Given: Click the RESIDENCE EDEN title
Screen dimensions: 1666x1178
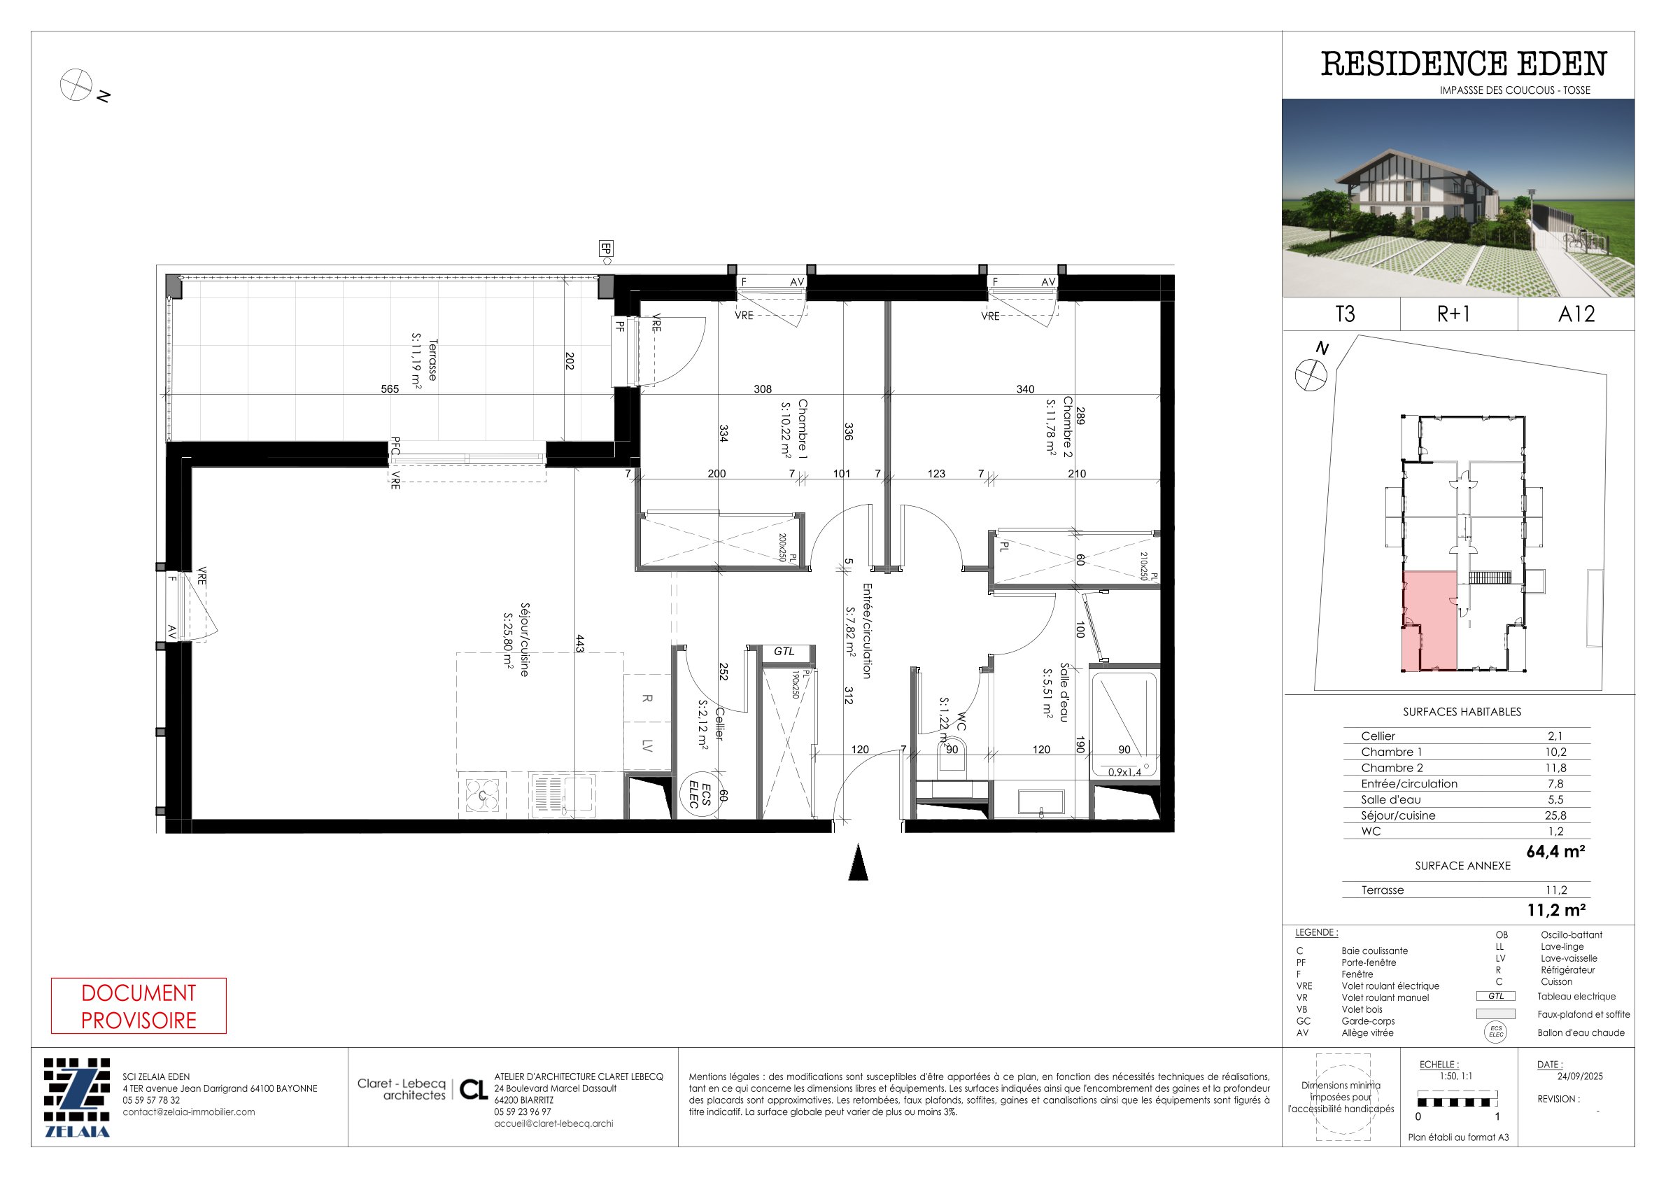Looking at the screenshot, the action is point(1464,64).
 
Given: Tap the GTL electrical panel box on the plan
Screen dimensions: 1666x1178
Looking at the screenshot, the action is point(784,652).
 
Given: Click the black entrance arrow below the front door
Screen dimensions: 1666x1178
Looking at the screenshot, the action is point(859,862).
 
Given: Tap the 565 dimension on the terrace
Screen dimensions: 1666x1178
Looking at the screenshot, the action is point(390,389).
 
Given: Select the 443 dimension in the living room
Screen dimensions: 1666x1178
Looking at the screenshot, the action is point(580,643).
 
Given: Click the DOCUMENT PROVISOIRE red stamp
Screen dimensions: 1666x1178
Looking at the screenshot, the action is point(139,1006).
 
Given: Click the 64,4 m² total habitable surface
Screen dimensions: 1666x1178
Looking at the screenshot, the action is point(1555,851).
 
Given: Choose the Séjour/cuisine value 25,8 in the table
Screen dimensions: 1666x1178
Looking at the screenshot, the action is point(1555,816).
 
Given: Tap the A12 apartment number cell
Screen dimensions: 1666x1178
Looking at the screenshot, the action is point(1576,314).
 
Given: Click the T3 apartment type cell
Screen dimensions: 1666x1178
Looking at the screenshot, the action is point(1345,314).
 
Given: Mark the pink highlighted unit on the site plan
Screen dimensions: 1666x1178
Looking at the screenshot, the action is point(1429,621).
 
